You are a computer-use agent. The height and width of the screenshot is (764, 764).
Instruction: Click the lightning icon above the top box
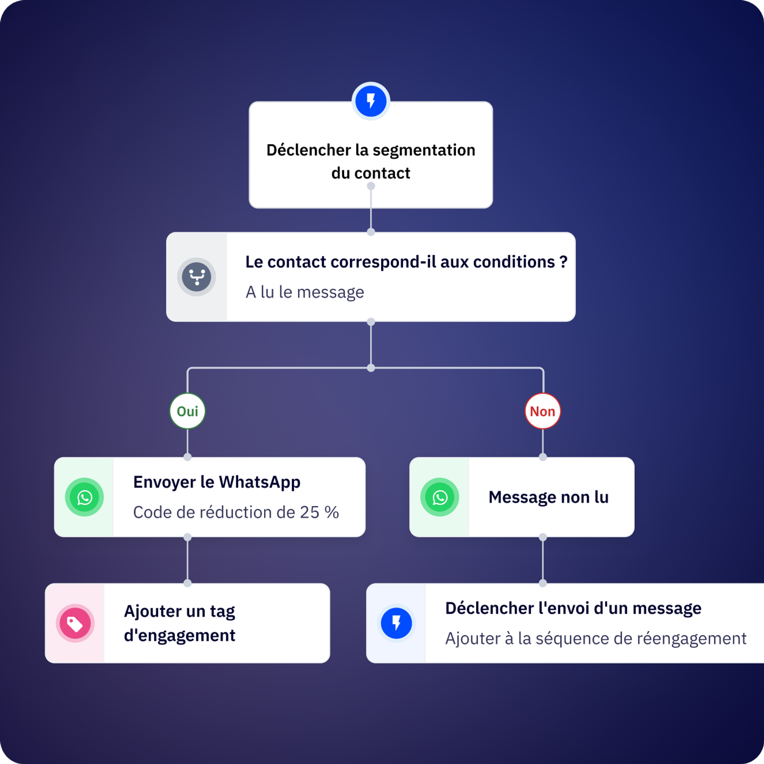tap(371, 101)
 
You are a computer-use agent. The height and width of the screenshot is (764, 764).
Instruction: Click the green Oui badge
tap(187, 411)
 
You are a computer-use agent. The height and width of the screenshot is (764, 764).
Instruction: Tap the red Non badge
tap(542, 411)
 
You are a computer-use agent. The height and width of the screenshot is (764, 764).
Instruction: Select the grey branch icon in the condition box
tap(197, 276)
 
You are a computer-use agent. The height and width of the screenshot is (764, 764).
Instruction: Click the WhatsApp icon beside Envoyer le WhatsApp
tap(85, 497)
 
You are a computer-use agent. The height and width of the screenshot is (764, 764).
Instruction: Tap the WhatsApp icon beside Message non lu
tap(440, 497)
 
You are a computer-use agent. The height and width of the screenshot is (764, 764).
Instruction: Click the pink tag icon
tap(75, 623)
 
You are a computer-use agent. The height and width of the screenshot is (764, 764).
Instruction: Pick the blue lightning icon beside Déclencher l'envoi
tap(396, 623)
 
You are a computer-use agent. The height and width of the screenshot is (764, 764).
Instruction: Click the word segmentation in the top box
tap(424, 150)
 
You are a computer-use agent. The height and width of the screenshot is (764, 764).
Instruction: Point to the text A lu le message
tap(305, 292)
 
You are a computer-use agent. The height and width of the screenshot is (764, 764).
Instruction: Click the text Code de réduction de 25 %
tap(236, 512)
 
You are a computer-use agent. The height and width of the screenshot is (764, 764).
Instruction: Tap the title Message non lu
tap(548, 497)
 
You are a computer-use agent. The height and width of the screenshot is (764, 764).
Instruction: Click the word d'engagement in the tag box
tap(180, 636)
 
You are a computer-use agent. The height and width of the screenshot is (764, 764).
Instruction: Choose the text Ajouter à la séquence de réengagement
tap(595, 638)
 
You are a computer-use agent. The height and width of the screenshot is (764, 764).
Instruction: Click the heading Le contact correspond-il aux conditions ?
tap(406, 262)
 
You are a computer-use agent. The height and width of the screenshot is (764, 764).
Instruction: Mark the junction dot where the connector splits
tap(371, 368)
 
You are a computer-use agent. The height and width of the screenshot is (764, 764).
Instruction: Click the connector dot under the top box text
tap(371, 186)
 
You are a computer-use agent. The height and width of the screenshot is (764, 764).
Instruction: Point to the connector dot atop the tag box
tap(188, 583)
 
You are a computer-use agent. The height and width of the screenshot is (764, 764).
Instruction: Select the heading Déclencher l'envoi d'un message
tap(573, 608)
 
